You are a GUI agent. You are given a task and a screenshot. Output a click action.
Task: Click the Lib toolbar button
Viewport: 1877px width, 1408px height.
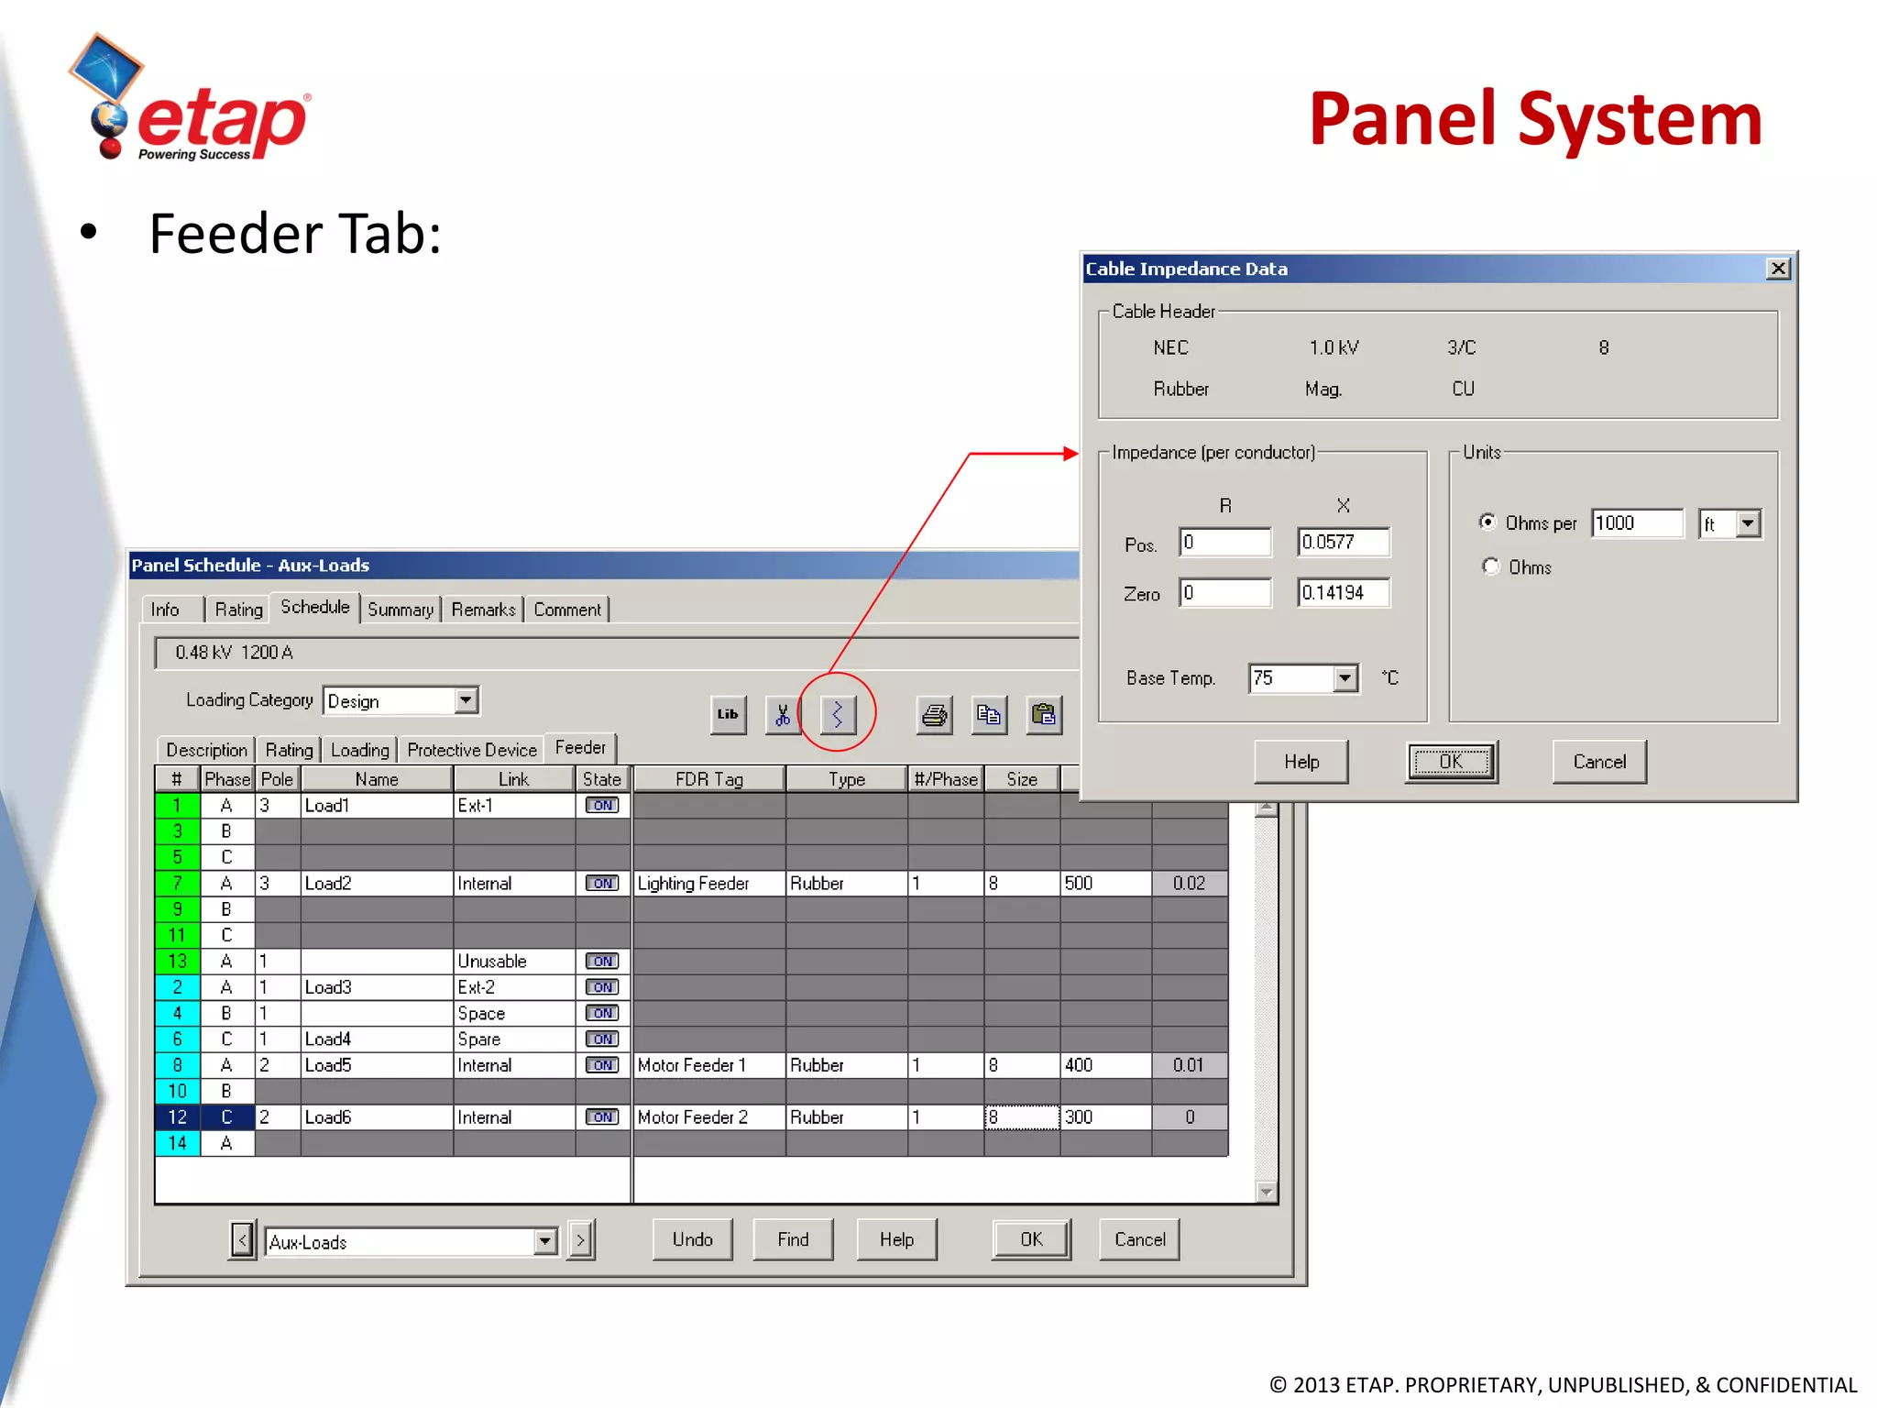[728, 715]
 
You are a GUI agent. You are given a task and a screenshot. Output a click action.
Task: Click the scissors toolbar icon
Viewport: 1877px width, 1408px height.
[782, 715]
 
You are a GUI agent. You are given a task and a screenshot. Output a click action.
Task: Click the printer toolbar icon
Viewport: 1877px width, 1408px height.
[934, 715]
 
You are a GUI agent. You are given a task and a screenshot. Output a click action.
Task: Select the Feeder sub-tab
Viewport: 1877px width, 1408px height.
[580, 748]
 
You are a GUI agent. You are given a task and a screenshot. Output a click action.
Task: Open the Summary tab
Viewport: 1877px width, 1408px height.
[401, 610]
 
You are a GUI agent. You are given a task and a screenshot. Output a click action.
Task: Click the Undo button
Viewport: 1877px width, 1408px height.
[692, 1239]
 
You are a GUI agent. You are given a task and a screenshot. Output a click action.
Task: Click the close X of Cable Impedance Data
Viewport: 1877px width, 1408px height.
[1778, 269]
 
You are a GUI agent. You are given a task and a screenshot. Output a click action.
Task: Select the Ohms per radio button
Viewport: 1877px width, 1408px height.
[1488, 522]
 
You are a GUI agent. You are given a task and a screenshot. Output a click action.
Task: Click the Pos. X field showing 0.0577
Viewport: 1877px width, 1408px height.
[1343, 542]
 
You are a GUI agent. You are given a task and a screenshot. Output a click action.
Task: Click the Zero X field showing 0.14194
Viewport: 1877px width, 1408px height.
[1343, 593]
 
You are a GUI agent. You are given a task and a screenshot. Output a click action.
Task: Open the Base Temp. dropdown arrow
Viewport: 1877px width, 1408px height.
[1345, 678]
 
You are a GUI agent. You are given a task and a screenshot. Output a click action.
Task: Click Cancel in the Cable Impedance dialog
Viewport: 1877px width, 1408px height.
[1598, 762]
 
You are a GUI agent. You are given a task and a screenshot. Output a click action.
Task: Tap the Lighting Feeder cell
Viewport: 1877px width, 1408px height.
[708, 884]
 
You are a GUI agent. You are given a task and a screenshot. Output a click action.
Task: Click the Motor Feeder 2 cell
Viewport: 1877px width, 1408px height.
[708, 1117]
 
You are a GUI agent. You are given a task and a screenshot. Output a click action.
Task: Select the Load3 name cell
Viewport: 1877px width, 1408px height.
[376, 987]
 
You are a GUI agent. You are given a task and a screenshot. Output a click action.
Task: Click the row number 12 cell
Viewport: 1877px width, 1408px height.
[178, 1117]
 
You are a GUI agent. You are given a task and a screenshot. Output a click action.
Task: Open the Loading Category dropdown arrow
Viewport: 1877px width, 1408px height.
[467, 701]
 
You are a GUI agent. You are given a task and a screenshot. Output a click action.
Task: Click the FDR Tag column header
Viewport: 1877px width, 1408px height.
[708, 779]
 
